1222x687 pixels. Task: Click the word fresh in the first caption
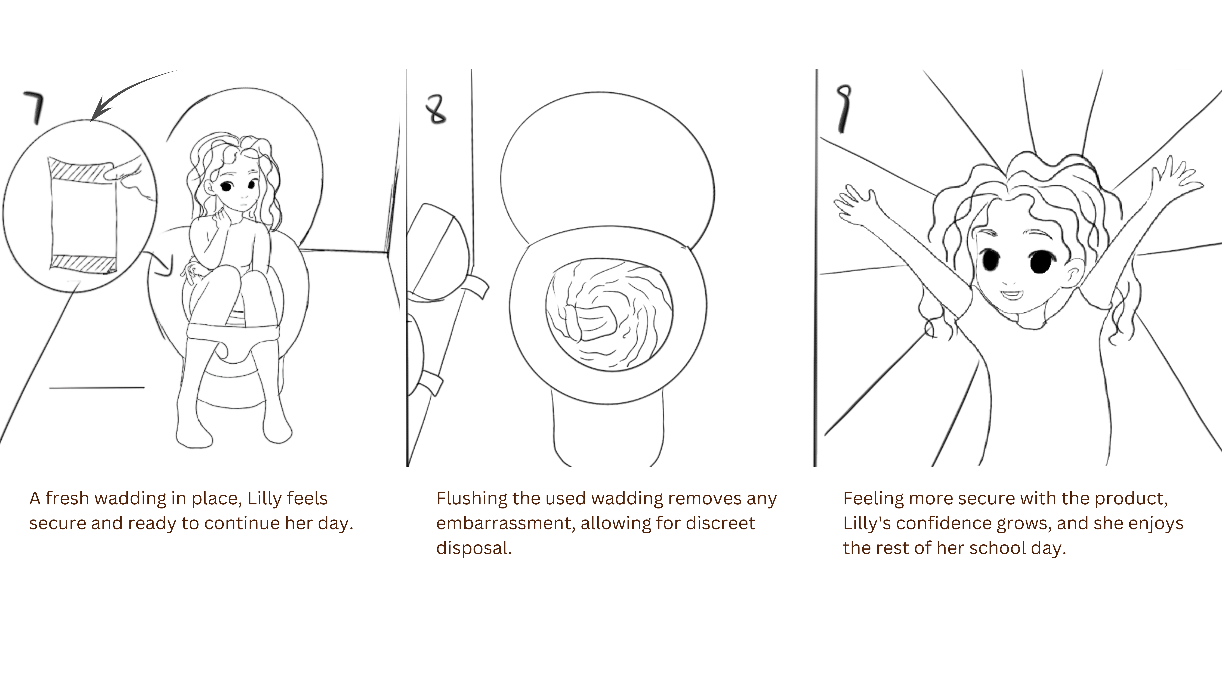coord(67,498)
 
